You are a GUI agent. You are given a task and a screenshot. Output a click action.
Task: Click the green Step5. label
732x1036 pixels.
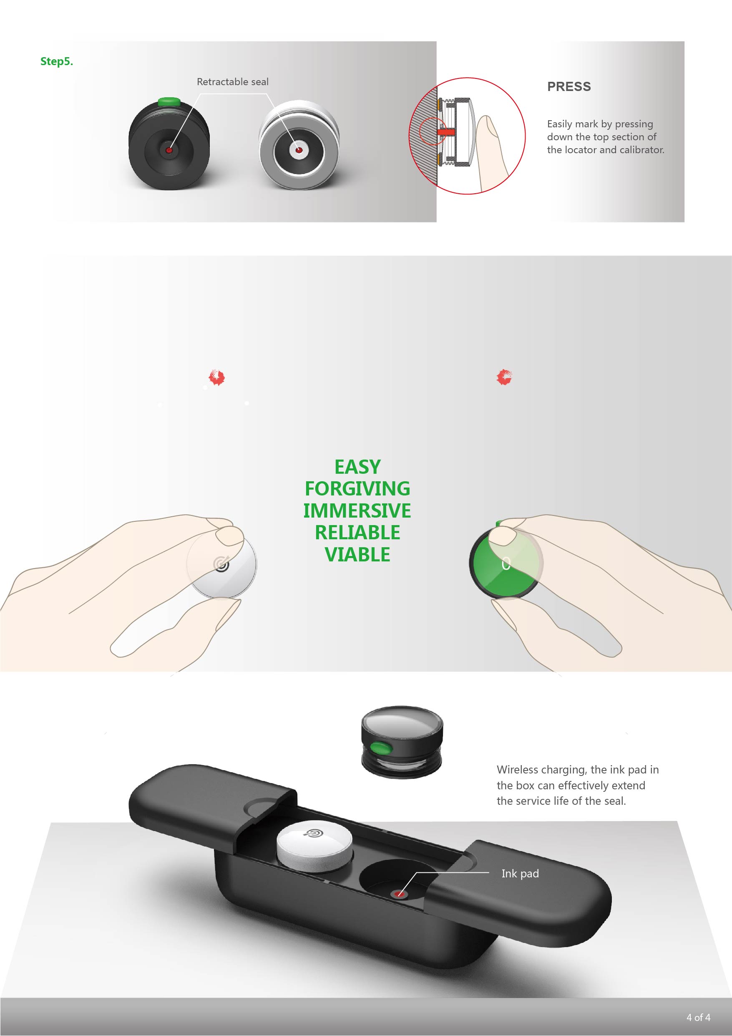point(56,61)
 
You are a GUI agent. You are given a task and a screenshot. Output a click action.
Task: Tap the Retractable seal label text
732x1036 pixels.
point(232,82)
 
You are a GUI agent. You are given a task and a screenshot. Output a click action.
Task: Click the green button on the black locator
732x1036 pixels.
point(169,101)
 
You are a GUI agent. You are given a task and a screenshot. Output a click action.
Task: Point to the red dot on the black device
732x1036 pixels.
point(169,150)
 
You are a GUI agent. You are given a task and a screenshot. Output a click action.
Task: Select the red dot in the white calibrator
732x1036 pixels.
point(298,150)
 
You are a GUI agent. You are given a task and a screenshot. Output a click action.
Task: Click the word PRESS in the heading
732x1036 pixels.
point(569,87)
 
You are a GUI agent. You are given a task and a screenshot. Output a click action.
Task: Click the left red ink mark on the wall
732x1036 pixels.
point(217,377)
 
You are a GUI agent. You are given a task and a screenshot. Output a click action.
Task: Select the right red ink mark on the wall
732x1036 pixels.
point(504,377)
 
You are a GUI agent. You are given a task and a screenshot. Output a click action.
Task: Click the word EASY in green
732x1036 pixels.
point(357,467)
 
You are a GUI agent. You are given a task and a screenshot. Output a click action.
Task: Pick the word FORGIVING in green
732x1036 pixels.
point(357,489)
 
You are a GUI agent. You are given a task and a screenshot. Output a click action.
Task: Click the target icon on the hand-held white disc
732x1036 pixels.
point(221,563)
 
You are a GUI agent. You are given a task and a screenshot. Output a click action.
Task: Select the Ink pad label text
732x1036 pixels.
point(520,874)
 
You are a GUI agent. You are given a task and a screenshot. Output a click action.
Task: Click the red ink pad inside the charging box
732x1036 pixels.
point(399,893)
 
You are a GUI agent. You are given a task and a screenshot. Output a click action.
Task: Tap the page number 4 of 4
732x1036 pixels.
point(698,1018)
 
